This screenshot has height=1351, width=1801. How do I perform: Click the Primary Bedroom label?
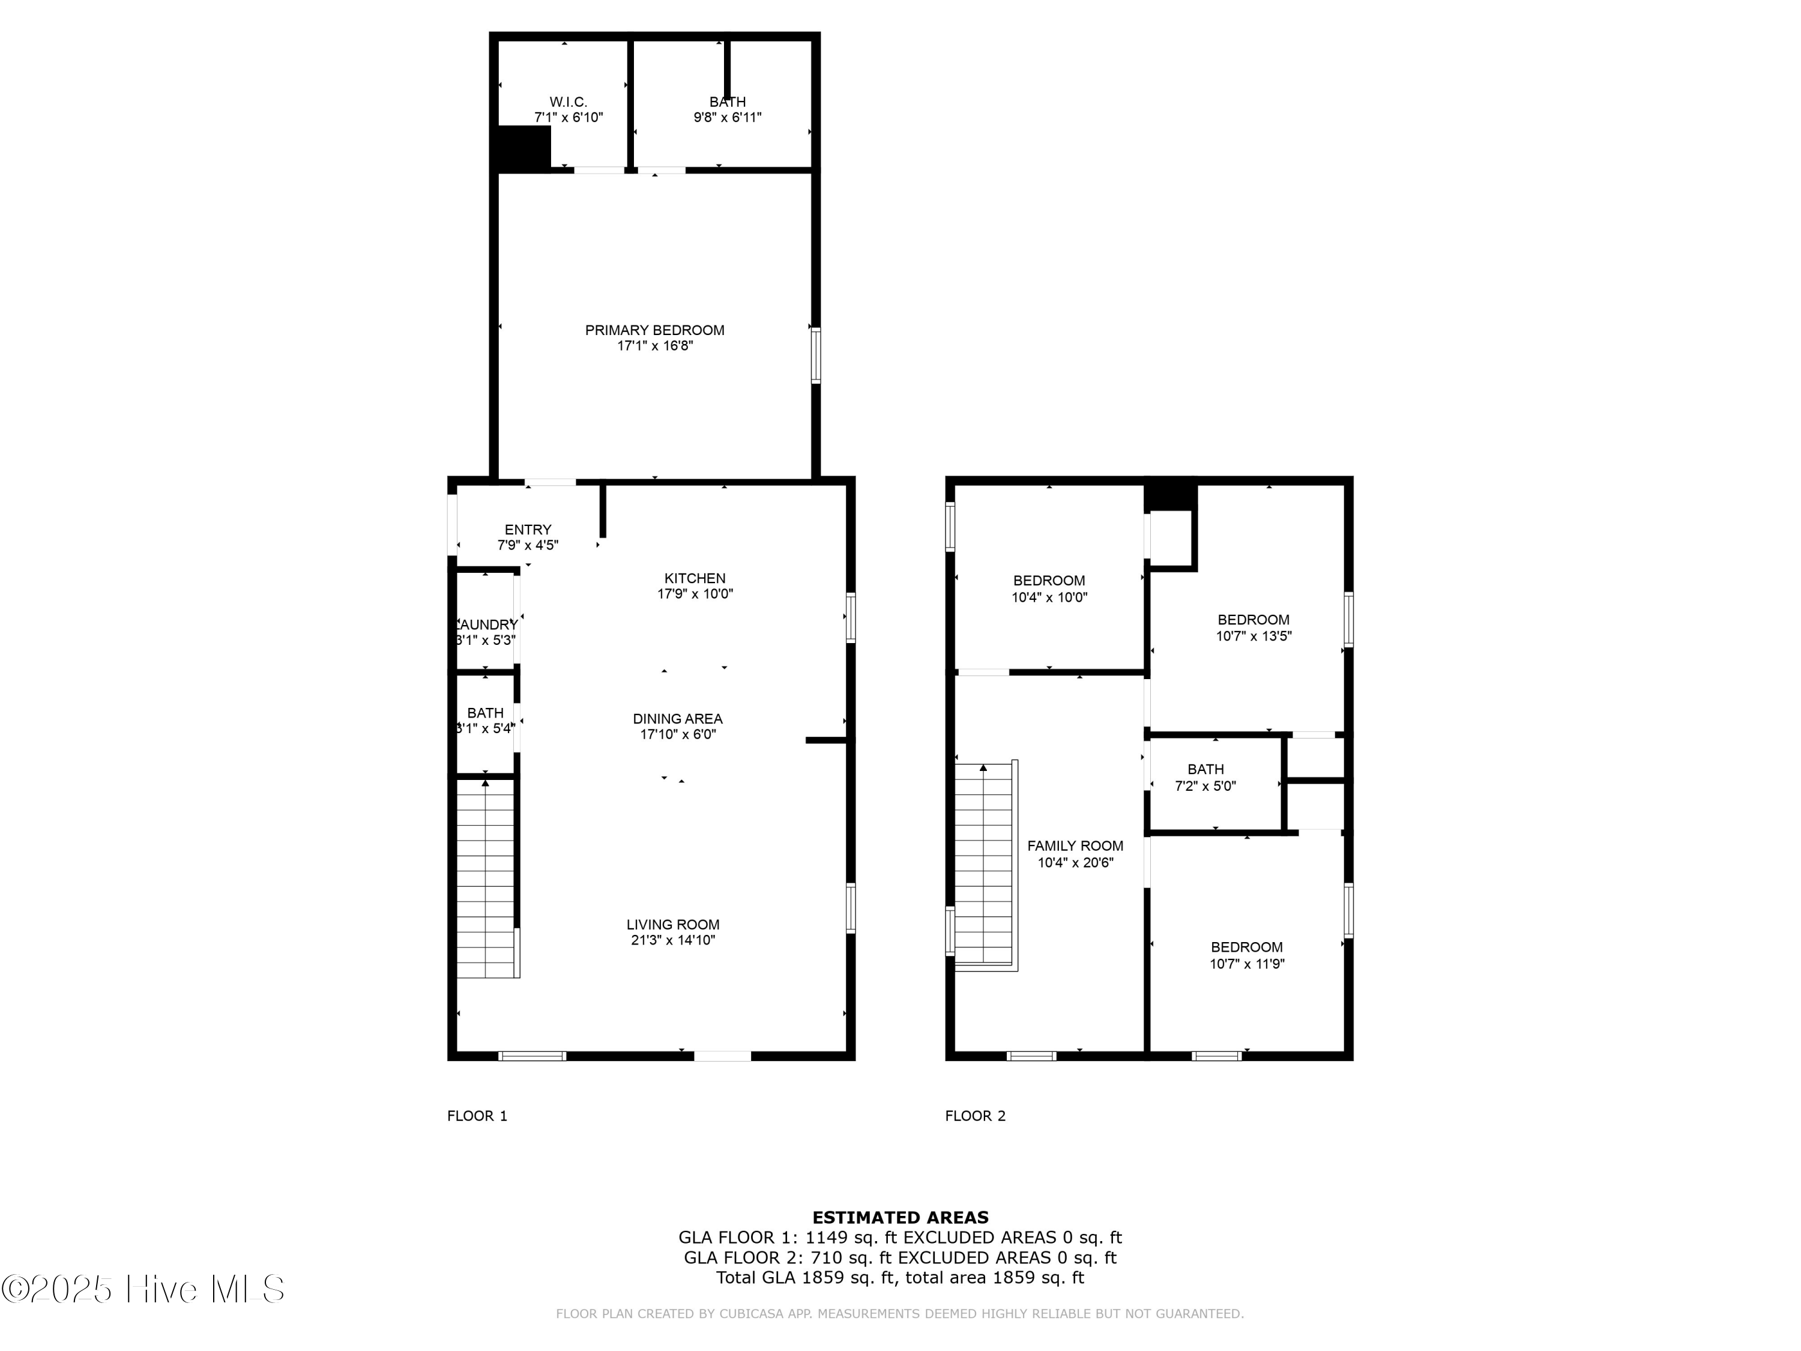pyautogui.click(x=654, y=330)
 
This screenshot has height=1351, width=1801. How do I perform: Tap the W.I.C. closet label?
pyautogui.click(x=567, y=102)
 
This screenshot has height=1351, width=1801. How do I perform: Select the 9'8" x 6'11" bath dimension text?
pyautogui.click(x=727, y=117)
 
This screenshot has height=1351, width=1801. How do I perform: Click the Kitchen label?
pyautogui.click(x=695, y=578)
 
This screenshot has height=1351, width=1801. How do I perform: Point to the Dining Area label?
pyautogui.click(x=677, y=718)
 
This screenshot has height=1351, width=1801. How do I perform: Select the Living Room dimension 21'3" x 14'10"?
pyautogui.click(x=672, y=940)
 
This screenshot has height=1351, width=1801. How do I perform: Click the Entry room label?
pyautogui.click(x=528, y=530)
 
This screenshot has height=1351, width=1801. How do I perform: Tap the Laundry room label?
pyautogui.click(x=486, y=624)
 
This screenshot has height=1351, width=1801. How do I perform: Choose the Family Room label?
pyautogui.click(x=1075, y=845)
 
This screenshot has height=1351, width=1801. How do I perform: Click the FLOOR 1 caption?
pyautogui.click(x=477, y=1116)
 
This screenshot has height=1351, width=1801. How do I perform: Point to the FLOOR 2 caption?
pyautogui.click(x=974, y=1116)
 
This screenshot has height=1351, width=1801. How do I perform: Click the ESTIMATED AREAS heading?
pyautogui.click(x=900, y=1218)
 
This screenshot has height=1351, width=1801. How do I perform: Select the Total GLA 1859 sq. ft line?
pyautogui.click(x=900, y=1277)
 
